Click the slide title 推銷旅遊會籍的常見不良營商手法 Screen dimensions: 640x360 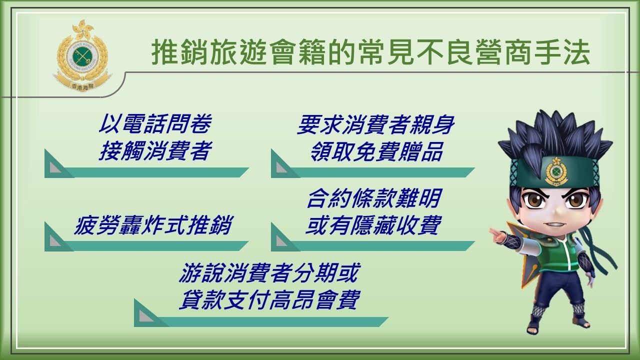[371, 53]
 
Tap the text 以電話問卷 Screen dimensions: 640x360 [155, 124]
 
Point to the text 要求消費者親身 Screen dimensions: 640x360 [375, 124]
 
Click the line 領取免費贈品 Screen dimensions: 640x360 [376, 151]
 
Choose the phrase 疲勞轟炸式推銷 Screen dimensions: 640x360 [153, 225]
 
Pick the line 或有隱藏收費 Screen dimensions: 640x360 [372, 225]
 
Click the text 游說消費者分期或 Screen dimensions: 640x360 [268, 273]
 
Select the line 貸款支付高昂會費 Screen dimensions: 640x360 [269, 299]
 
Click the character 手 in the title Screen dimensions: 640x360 [545, 53]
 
